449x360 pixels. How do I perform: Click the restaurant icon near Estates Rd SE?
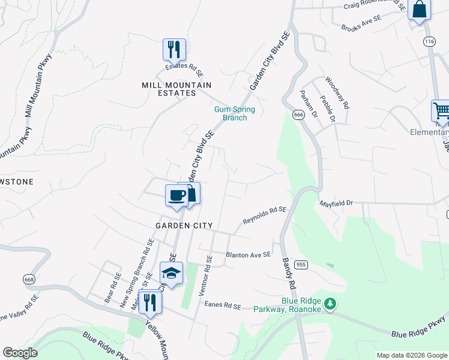pyautogui.click(x=174, y=49)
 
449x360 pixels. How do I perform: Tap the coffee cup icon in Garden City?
pyautogui.click(x=177, y=195)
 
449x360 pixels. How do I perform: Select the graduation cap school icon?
pyautogui.click(x=171, y=273)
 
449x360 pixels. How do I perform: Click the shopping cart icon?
pyautogui.click(x=441, y=111)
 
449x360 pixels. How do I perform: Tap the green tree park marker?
pyautogui.click(x=329, y=304)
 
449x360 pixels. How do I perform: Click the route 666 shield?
pyautogui.click(x=298, y=114)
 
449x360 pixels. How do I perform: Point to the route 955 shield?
pyautogui.click(x=301, y=265)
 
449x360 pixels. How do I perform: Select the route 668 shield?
pyautogui.click(x=29, y=279)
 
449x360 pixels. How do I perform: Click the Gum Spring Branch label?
pyautogui.click(x=235, y=113)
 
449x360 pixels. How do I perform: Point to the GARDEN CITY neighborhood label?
pyautogui.click(x=184, y=226)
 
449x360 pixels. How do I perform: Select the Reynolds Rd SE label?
pyautogui.click(x=264, y=215)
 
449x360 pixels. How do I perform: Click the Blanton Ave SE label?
pyautogui.click(x=249, y=255)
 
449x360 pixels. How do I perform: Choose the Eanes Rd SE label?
pyautogui.click(x=222, y=305)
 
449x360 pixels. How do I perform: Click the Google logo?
pyautogui.click(x=20, y=353)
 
